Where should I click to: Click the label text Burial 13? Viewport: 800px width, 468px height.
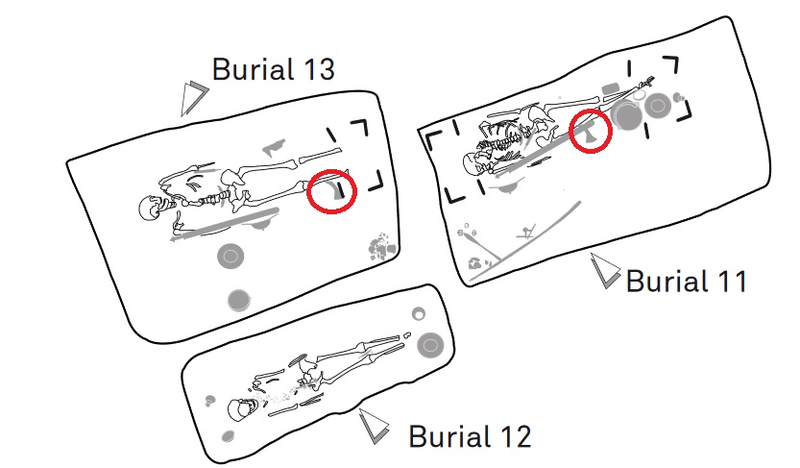pos(273,69)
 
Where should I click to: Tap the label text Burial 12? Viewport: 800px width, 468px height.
pos(470,436)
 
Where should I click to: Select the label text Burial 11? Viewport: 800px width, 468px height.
pos(687,281)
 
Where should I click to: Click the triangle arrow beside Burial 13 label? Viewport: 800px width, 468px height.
pos(193,98)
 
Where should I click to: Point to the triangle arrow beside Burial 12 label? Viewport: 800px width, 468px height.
pos(374,426)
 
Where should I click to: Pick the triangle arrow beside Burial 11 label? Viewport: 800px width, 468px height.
pos(605,270)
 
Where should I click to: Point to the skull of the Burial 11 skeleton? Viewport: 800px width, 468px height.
pos(474,162)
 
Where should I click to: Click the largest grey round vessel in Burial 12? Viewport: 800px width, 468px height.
pos(430,345)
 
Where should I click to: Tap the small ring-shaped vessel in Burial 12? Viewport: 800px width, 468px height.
pos(419,314)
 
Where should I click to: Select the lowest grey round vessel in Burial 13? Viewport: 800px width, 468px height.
pos(238,300)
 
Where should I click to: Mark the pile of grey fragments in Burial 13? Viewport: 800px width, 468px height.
pos(381,247)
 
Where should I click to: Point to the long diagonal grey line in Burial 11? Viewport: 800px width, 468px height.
pos(525,241)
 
